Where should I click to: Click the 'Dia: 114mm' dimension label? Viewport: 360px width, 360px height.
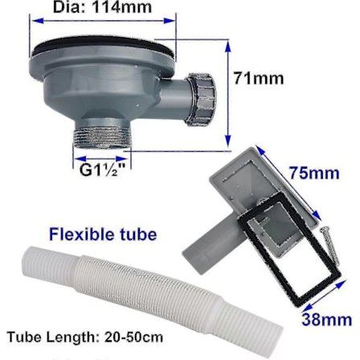(x=102, y=7)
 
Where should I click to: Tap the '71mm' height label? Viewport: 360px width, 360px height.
(x=258, y=79)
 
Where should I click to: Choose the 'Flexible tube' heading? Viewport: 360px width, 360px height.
(x=102, y=235)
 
